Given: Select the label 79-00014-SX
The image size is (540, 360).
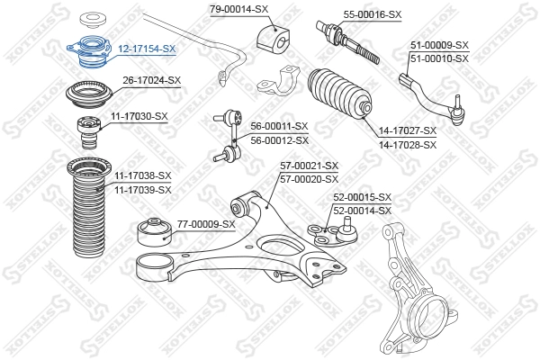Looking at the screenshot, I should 239,9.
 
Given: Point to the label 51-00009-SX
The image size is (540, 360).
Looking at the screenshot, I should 440,44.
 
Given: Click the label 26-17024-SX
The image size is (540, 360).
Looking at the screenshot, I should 152,80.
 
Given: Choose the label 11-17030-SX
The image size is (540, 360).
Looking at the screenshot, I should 139,116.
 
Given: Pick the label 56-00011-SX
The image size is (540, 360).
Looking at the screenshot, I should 279,127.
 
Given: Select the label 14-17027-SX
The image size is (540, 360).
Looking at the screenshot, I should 407,131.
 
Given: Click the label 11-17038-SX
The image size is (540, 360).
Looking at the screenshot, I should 142,175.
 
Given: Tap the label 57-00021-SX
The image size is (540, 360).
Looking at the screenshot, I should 309,166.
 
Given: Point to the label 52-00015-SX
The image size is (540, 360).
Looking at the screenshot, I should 363,197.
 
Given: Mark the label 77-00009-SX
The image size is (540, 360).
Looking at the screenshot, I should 206,223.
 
